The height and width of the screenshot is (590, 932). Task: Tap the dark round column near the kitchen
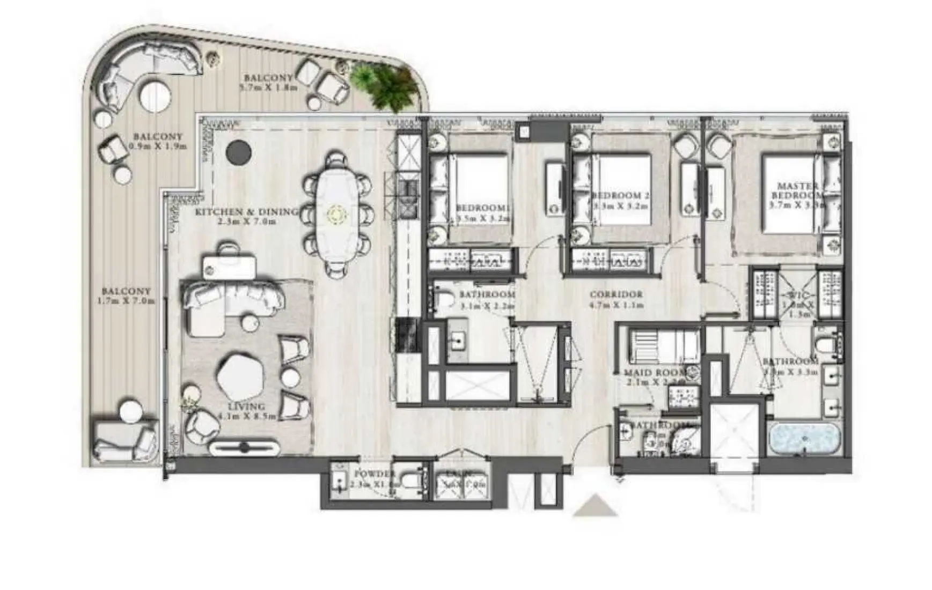(x=238, y=152)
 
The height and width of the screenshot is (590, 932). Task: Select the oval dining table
(x=336, y=213)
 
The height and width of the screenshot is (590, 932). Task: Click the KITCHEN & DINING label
(x=246, y=212)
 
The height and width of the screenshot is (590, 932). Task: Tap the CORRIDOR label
(x=615, y=294)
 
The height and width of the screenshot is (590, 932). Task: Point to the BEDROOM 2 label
(x=620, y=196)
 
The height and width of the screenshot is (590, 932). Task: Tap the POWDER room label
(x=375, y=474)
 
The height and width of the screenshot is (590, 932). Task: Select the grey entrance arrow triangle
(x=595, y=506)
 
